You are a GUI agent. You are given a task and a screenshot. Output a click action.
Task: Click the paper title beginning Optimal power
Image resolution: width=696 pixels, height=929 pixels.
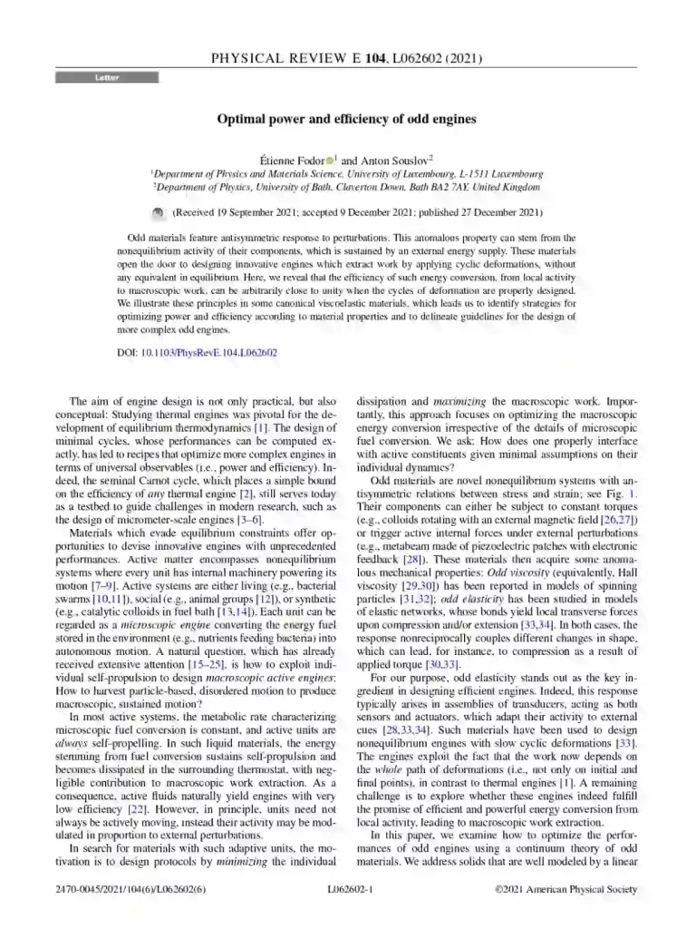pyautogui.click(x=346, y=119)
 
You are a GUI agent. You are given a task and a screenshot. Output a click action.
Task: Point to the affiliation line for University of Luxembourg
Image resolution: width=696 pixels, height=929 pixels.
pyautogui.click(x=347, y=172)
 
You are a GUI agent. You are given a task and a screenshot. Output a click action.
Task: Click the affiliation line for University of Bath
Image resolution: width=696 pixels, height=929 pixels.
pyautogui.click(x=347, y=186)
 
